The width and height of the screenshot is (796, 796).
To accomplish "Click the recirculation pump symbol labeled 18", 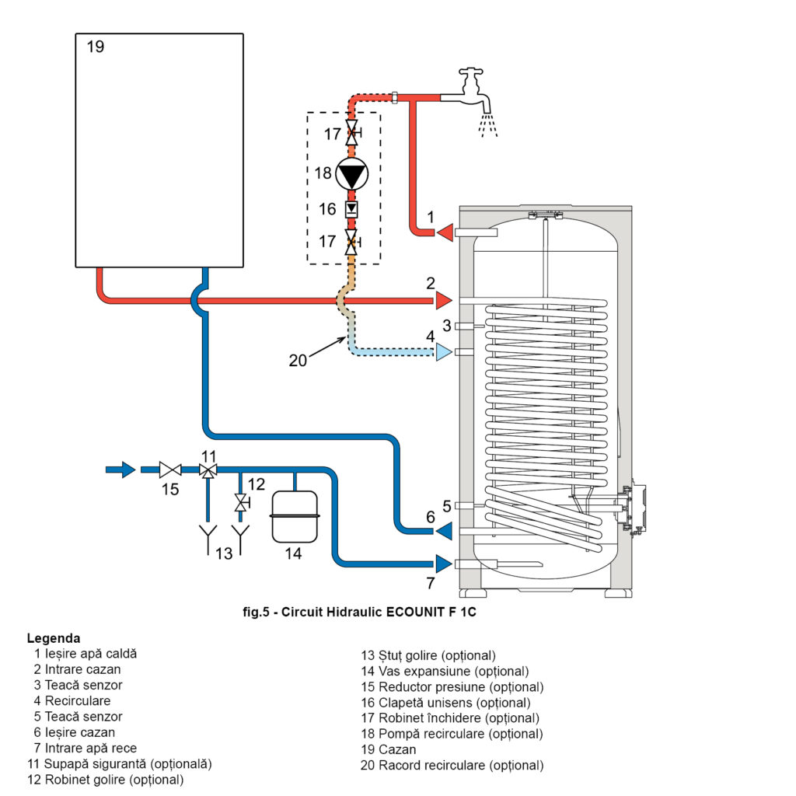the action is [352, 173].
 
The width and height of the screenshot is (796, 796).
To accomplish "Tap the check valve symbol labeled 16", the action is [351, 208].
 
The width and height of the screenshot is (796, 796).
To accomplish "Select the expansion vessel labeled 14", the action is [295, 517].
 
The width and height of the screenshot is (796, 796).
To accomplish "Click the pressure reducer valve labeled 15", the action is [170, 470].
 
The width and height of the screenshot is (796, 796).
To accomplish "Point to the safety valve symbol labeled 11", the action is [208, 470].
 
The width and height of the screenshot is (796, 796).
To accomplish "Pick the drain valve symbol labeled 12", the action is [241, 503].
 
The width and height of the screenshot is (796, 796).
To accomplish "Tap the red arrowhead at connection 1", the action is [445, 232].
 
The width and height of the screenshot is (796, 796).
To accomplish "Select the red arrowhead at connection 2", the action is [444, 301].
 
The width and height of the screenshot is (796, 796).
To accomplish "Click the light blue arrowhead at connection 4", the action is [444, 352].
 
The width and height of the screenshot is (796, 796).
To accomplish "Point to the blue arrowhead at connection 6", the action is [444, 531].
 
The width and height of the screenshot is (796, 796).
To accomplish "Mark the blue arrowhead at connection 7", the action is [444, 564].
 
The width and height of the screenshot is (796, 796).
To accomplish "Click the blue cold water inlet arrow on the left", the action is [120, 470].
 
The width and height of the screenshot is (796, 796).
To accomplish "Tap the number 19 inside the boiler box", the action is [96, 47].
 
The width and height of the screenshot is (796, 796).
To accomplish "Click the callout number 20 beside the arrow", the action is [298, 361].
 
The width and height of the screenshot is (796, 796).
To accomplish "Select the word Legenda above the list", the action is [54, 638].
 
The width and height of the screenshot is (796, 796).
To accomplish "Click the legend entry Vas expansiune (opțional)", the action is [453, 671].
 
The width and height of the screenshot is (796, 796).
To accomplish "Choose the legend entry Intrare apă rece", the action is [91, 748].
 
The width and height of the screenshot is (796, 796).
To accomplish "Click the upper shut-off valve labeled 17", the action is [352, 133].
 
